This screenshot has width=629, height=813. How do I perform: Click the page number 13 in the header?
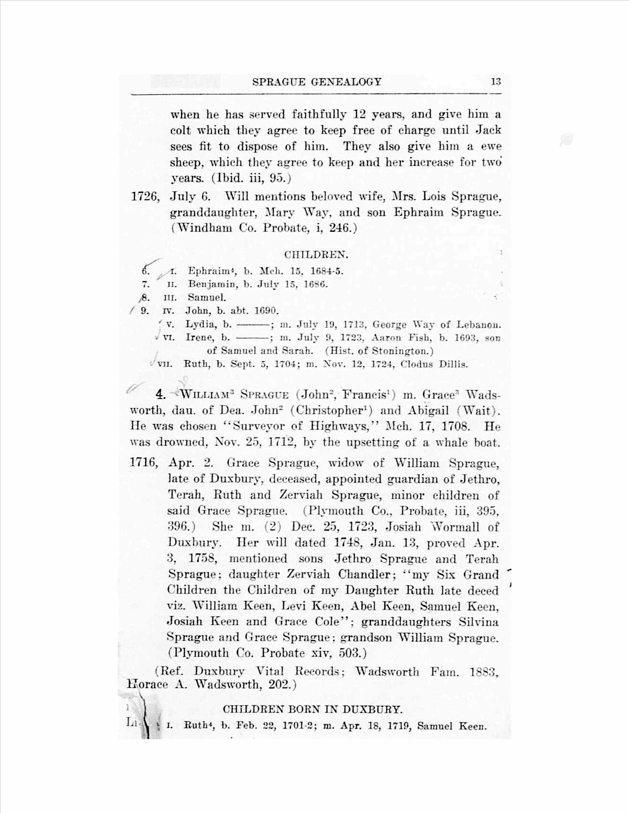point(496,82)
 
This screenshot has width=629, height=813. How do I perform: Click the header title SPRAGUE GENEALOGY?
point(317,82)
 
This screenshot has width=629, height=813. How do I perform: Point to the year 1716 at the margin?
point(144,463)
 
